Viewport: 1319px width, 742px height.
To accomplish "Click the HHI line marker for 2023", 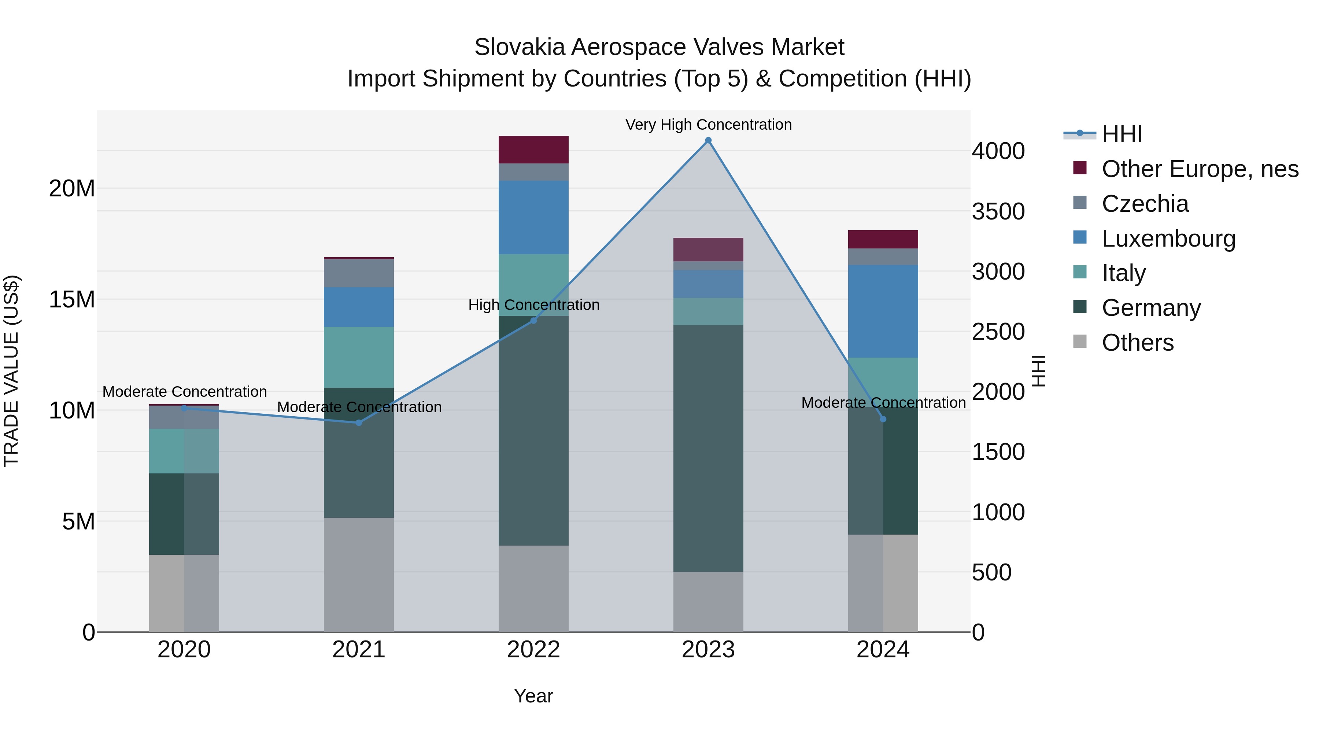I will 708,140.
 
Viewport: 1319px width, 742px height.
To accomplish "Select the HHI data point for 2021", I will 359,422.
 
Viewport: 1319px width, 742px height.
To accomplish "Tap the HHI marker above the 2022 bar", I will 533,321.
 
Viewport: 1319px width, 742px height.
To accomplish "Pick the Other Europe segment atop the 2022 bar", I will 533,149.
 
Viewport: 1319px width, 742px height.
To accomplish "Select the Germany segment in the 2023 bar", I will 708,448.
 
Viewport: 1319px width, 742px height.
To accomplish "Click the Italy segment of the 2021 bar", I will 359,357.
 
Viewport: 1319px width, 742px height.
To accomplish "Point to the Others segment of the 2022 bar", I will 533,588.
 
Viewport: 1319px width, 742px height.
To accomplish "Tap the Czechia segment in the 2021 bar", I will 359,273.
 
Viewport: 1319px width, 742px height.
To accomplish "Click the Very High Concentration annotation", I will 708,125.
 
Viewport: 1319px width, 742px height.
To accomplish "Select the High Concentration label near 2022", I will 533,305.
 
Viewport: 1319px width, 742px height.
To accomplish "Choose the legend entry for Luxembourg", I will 1168,239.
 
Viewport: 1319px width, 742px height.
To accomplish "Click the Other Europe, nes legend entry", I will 1199,169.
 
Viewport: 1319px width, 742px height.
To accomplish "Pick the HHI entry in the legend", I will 1122,134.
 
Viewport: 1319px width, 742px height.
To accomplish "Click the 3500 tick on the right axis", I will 998,211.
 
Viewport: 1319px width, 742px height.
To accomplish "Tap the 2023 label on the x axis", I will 708,650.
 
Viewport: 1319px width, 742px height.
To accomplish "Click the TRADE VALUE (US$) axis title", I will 11,371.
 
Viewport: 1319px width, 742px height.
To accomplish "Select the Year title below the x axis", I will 533,696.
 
